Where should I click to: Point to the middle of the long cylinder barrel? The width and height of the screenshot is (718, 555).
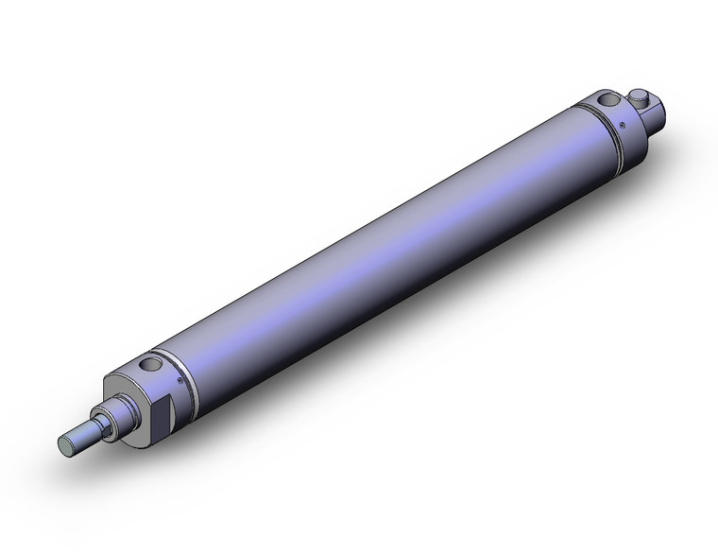[x=378, y=246]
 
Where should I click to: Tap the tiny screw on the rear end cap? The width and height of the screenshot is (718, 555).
[x=623, y=121]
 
